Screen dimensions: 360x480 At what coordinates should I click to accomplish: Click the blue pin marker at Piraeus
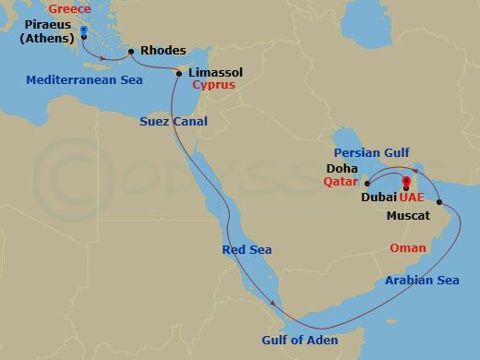pyautogui.click(x=83, y=32)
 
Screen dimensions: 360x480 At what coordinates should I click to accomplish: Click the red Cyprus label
pyautogui.click(x=214, y=84)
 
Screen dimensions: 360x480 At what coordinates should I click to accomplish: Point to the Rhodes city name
pyautogui.click(x=165, y=51)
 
